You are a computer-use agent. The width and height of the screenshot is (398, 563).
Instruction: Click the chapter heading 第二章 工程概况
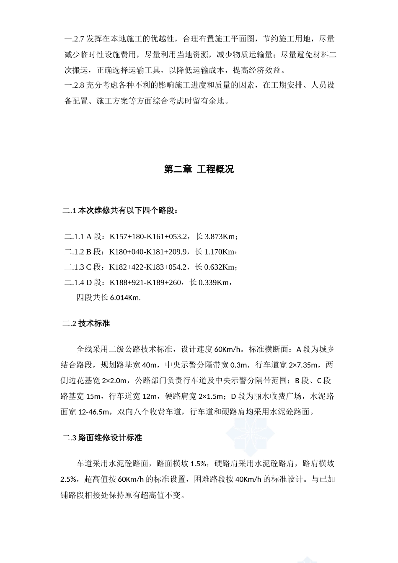tap(199, 169)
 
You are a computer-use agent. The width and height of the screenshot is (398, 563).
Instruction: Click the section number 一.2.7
tap(74, 39)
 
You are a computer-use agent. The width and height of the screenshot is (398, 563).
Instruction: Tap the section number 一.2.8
tap(74, 85)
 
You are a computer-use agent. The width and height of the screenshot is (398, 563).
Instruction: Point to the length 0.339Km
tap(214, 282)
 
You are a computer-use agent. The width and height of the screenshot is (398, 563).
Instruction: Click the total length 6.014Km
tap(125, 298)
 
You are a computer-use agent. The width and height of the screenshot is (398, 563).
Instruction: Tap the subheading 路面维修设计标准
tap(110, 438)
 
